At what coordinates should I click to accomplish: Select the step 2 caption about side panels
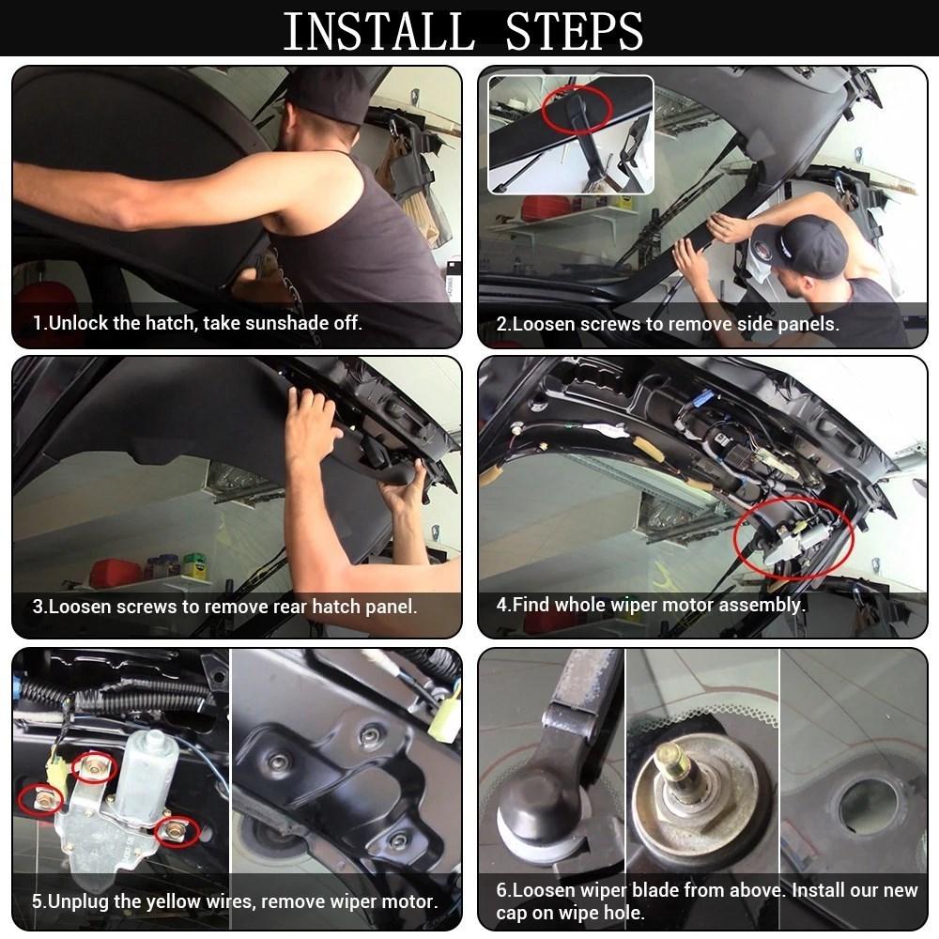tap(668, 324)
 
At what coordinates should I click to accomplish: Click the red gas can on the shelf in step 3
tap(115, 573)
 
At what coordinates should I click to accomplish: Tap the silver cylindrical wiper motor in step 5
tap(143, 773)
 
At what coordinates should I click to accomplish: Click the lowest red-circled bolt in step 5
tap(177, 832)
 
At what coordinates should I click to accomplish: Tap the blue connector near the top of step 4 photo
tap(704, 397)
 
